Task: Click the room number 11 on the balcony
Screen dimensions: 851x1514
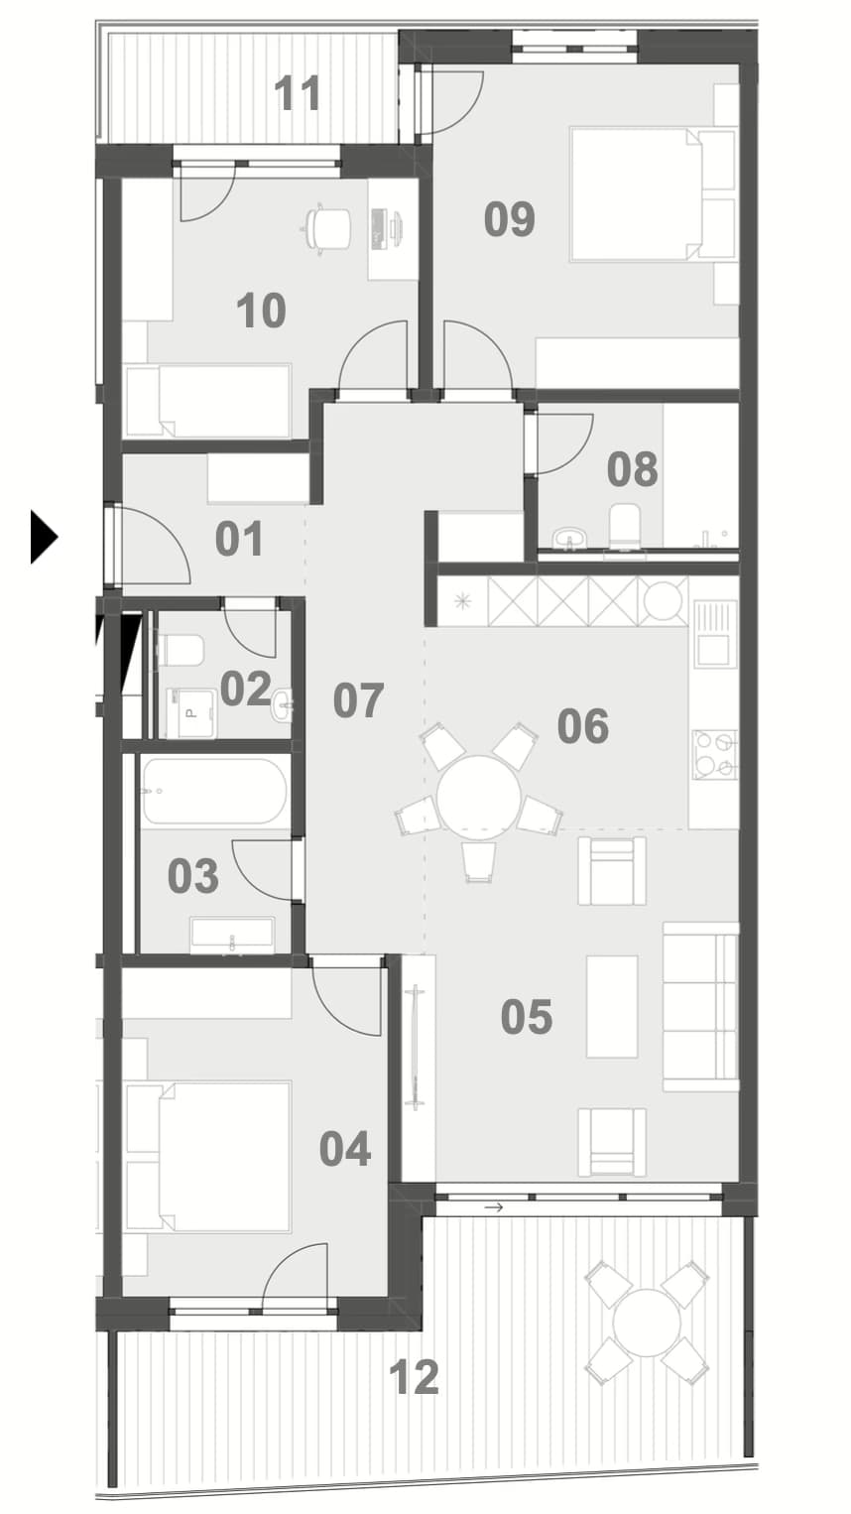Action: tap(298, 93)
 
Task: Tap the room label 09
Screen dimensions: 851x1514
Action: tap(510, 219)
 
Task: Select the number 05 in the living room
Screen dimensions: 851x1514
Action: tap(527, 1016)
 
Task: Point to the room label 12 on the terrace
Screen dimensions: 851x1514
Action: tap(414, 1377)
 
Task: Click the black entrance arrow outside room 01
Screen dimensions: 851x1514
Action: tap(44, 538)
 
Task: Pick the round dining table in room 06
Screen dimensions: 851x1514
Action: tap(478, 798)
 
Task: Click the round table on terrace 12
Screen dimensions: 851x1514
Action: tap(647, 1323)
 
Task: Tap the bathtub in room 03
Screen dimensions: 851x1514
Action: tap(214, 790)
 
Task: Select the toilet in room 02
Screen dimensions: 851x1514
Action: tap(180, 650)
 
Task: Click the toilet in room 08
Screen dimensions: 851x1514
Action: tap(624, 527)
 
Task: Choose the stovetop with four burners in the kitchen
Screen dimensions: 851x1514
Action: tap(715, 754)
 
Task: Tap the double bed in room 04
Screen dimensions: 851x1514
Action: tap(208, 1157)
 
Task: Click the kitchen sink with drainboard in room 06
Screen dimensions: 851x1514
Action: tap(715, 633)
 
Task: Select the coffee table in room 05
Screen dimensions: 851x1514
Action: tap(612, 1006)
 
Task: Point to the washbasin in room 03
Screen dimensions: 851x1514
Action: tap(232, 935)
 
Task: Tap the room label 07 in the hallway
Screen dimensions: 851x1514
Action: tap(359, 700)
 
